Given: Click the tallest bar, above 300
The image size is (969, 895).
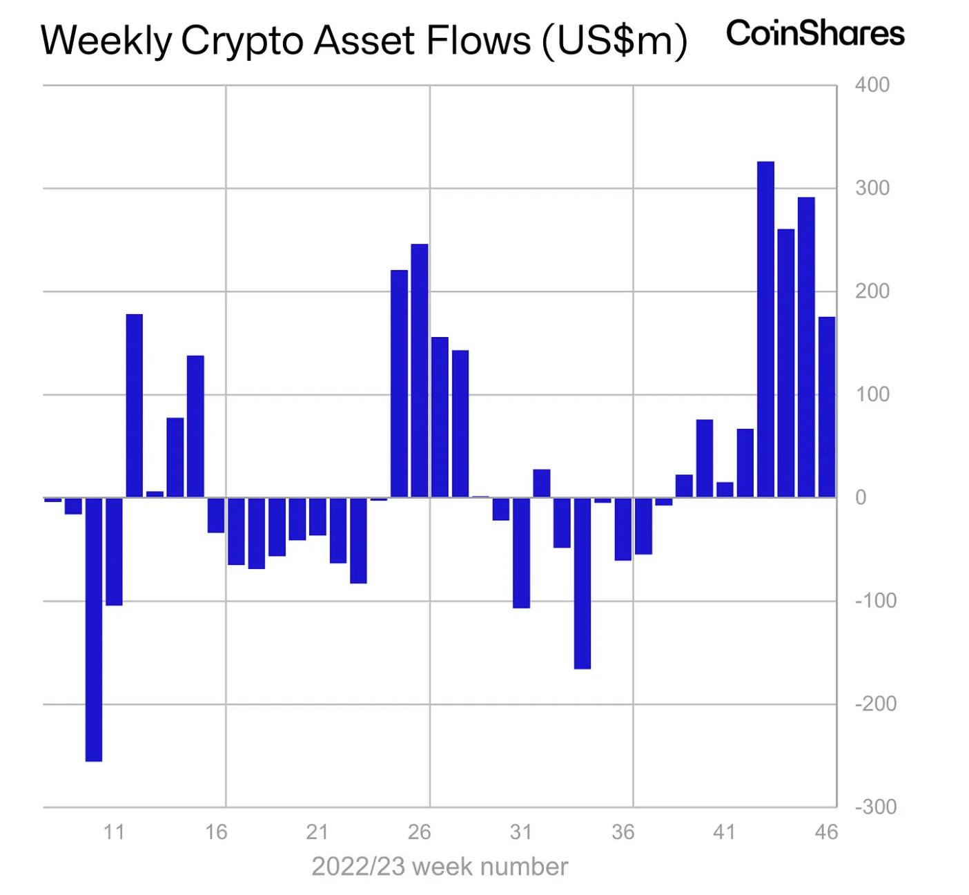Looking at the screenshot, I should click(x=765, y=329).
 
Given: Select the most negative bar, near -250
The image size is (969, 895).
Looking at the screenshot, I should click(x=94, y=629).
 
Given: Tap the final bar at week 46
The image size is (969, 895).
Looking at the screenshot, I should click(x=827, y=407).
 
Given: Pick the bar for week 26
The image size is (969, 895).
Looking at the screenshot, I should click(x=420, y=370).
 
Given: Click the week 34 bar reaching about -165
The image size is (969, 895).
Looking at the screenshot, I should click(x=583, y=583).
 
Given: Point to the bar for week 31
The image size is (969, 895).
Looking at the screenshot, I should click(x=521, y=552).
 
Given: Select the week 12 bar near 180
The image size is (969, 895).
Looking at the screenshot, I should click(x=135, y=405).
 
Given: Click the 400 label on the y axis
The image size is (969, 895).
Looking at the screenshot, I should click(x=872, y=85).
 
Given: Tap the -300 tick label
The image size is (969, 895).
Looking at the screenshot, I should click(x=875, y=807).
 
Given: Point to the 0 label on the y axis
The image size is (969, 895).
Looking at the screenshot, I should click(x=861, y=497).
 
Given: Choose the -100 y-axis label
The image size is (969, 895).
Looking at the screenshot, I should click(x=875, y=601).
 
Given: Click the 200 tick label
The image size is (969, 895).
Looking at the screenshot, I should click(x=872, y=291).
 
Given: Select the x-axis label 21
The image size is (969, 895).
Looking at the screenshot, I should click(x=317, y=832).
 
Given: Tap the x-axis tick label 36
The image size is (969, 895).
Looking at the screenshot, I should click(x=623, y=832).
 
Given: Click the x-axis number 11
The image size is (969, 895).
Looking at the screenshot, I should click(x=114, y=832).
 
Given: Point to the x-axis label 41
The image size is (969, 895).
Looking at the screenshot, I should click(x=724, y=832).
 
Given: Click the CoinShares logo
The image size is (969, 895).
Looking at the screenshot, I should click(x=815, y=33).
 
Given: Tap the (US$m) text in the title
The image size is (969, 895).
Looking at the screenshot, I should click(x=614, y=41).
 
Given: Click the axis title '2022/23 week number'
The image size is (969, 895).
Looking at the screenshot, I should click(x=440, y=867).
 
